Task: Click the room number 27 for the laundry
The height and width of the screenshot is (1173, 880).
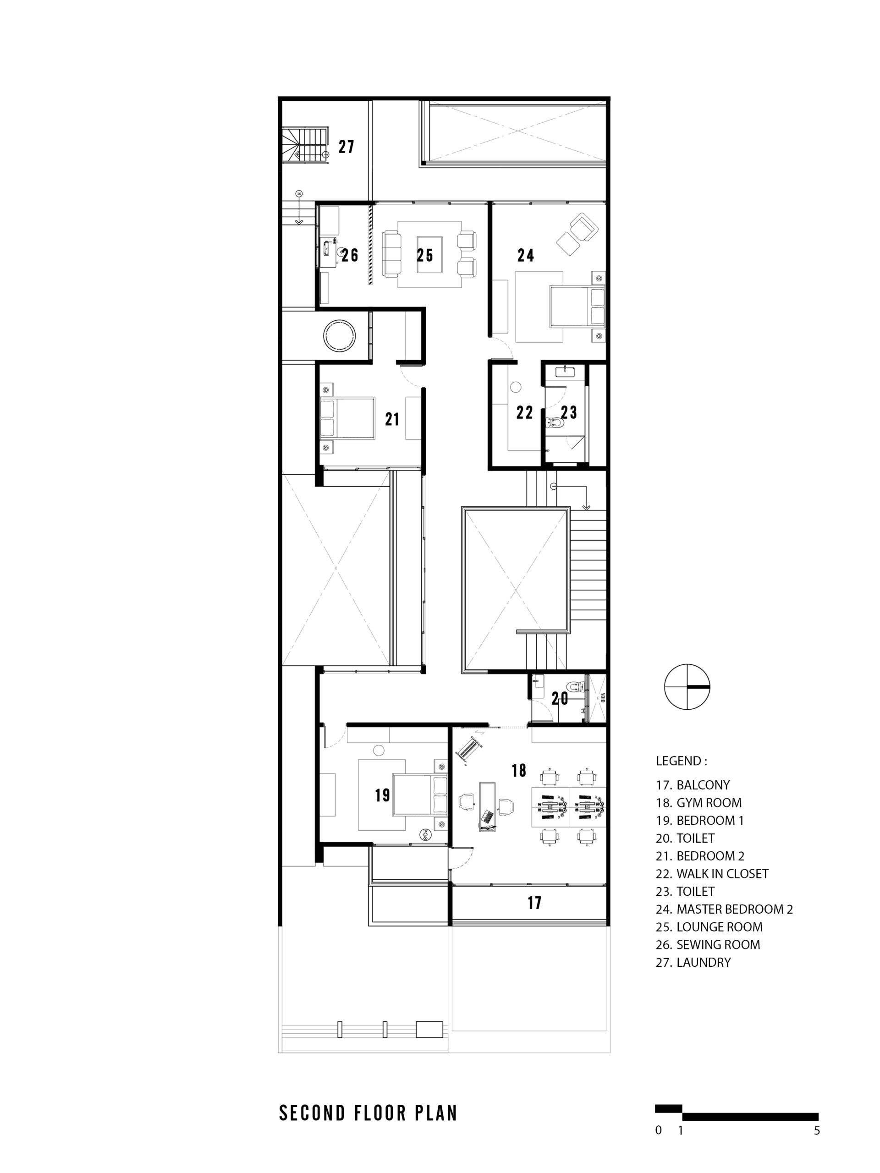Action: pos(346,147)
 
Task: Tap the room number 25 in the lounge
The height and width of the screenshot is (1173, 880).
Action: pos(425,255)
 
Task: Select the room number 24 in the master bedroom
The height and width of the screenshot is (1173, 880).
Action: pos(526,256)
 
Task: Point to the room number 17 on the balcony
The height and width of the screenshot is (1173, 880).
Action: pos(535,903)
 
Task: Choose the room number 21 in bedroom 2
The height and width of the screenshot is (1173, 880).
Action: pos(392,419)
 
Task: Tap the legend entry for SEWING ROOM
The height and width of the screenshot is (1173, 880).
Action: pos(708,944)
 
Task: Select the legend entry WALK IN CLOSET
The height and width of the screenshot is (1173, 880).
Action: pos(712,873)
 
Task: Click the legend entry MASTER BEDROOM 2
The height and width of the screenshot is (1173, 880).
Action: pos(725,909)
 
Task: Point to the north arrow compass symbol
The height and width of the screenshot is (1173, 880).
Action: pos(687,687)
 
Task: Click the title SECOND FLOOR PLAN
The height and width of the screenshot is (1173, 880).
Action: pos(368,1113)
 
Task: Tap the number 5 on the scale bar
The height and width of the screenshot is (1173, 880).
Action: pos(817,1130)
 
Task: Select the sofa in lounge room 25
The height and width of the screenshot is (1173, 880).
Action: pos(392,255)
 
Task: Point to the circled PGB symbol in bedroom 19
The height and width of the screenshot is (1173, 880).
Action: pos(425,835)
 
